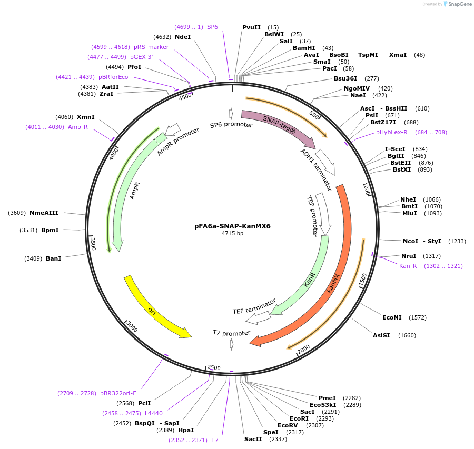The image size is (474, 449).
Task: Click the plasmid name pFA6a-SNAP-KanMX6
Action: (232, 226)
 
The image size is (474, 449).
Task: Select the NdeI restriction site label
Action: (183, 37)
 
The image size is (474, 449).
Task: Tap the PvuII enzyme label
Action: (251, 27)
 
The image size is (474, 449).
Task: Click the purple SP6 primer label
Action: (212, 26)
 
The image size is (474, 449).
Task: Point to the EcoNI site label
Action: (392, 317)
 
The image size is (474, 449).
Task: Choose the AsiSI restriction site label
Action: (381, 335)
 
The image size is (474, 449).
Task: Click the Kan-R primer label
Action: (408, 266)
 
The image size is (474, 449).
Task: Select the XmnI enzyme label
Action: (86, 117)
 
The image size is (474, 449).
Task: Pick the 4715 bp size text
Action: (232, 233)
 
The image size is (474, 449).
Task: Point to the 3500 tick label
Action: (93, 244)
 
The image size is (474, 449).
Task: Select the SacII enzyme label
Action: (253, 439)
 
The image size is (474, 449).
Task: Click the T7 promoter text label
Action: (231, 333)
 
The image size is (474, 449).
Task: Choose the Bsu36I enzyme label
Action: (345, 78)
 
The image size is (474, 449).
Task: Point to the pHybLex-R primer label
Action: (392, 132)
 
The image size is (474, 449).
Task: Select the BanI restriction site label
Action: (54, 258)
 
